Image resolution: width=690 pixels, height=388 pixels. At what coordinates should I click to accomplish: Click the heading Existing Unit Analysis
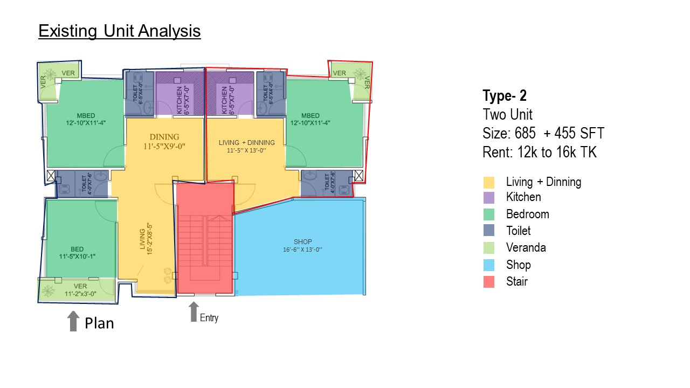point(119,31)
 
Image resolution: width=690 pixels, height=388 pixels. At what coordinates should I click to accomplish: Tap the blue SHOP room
point(302,246)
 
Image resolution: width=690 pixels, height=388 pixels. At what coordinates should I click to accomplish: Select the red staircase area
point(205,242)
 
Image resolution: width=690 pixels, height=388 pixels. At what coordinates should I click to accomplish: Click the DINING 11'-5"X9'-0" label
point(164,141)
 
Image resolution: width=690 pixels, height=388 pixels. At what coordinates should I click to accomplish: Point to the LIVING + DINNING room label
point(246,146)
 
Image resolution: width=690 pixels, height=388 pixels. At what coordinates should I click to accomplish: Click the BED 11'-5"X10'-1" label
point(77,252)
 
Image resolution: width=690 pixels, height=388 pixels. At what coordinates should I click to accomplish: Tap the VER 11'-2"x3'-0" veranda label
point(80,290)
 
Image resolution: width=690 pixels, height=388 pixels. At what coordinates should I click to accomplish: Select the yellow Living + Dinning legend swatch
point(489,182)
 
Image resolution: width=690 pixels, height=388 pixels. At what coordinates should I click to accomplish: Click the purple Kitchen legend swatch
point(489,198)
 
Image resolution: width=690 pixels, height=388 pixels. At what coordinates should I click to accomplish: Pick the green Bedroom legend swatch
point(489,214)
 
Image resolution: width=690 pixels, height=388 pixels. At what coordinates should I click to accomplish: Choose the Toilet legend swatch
point(489,231)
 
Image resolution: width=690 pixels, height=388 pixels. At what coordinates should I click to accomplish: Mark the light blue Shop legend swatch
point(489,265)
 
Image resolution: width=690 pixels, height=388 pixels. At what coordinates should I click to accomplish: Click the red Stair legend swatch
point(489,281)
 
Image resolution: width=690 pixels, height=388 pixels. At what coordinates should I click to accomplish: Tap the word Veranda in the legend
point(526,247)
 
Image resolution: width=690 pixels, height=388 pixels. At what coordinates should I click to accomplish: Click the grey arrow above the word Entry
point(194,311)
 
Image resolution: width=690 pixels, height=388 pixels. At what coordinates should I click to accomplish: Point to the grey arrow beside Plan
point(73,321)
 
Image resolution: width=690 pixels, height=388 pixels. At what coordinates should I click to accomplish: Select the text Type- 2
point(504,96)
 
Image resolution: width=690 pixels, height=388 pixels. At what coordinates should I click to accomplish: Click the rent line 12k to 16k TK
point(540,153)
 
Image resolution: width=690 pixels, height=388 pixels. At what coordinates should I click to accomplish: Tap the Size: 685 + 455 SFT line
point(543,134)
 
